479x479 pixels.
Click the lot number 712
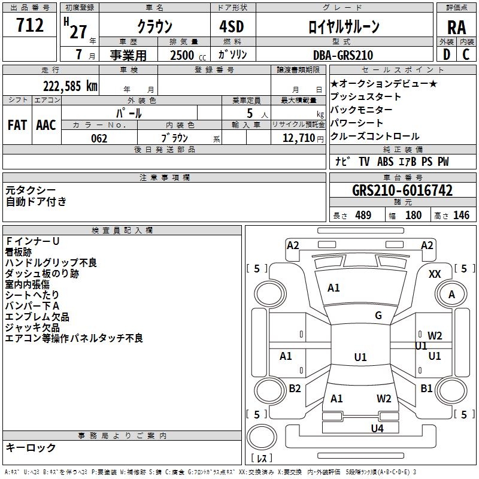tap(31, 26)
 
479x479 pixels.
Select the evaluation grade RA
tap(456, 26)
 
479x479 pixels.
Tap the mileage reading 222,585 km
tap(70, 86)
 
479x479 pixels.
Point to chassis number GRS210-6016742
tap(402, 190)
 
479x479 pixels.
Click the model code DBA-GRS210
tap(343, 55)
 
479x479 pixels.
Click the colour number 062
tap(99, 138)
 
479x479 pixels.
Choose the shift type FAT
tap(17, 125)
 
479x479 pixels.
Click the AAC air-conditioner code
tap(46, 125)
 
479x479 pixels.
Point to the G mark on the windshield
tap(378, 316)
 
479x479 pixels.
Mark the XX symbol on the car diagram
tap(435, 274)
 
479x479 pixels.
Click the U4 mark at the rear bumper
tap(377, 428)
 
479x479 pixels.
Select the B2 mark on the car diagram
tap(295, 389)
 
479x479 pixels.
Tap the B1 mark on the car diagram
tap(426, 389)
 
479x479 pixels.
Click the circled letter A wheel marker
tap(452, 294)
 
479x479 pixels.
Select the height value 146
tap(461, 216)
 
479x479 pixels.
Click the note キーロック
tap(31, 447)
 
